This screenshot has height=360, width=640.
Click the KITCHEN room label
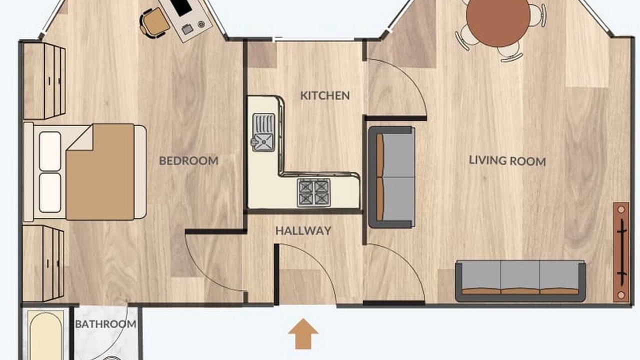point(325,95)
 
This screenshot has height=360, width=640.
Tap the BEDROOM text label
point(188,161)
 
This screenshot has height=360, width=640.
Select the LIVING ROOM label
point(507,161)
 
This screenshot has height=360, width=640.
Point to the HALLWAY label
point(303,230)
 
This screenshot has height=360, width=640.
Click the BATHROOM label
point(105,324)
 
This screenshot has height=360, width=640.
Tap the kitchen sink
point(263,132)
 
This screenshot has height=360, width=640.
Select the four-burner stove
point(313,192)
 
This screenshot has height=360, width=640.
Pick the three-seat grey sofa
point(520,281)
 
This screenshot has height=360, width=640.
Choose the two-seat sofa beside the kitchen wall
point(391,177)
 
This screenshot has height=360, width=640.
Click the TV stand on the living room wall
point(621,252)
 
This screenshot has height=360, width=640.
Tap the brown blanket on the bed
point(100,171)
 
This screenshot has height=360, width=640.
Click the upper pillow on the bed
point(50,151)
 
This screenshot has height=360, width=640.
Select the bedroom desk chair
point(153,23)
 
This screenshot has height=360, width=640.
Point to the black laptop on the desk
point(181,7)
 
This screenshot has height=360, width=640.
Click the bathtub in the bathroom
point(45,335)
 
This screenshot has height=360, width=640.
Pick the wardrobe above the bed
point(44,81)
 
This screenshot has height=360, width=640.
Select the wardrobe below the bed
point(43,263)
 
